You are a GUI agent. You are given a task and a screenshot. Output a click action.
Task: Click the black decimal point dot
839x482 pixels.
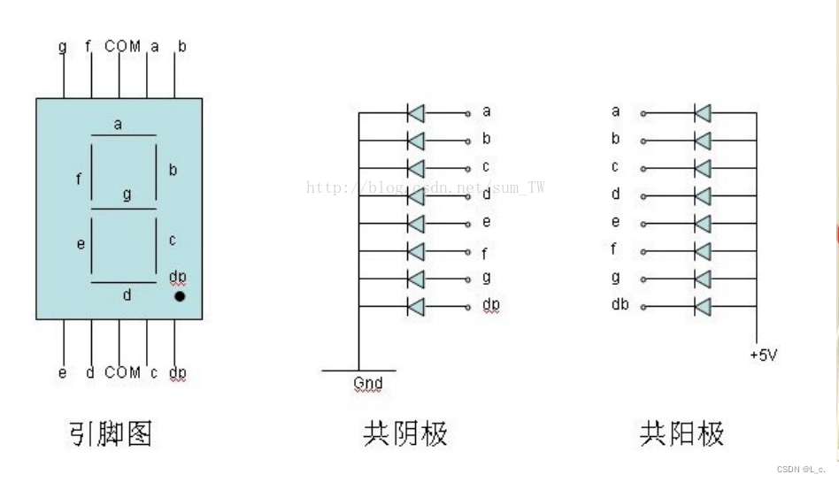[180, 297]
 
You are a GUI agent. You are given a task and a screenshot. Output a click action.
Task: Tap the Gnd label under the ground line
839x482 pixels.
[367, 384]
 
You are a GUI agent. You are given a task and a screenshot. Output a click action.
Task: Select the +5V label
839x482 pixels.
[764, 356]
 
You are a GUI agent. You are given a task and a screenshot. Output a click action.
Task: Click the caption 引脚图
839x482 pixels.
[111, 433]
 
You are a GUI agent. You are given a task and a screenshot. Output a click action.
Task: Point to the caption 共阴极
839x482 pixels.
[405, 433]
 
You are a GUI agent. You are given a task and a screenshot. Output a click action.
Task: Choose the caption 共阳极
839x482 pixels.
[681, 433]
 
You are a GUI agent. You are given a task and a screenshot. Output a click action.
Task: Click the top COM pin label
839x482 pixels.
[122, 46]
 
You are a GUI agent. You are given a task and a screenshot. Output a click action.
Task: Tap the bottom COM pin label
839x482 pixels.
[122, 372]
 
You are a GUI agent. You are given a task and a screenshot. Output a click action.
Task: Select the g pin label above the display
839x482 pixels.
[62, 46]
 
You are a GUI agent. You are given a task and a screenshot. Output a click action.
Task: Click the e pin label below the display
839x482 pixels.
[62, 372]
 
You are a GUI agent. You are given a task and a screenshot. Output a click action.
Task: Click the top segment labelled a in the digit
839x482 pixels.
[122, 135]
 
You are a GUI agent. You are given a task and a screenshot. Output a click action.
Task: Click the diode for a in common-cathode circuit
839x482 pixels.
[415, 112]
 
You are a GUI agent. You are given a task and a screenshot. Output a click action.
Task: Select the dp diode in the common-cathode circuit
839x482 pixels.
[415, 307]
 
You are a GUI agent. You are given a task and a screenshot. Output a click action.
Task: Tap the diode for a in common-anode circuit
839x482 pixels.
[703, 112]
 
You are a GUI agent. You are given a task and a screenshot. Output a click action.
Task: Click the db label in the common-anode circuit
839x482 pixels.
[620, 305]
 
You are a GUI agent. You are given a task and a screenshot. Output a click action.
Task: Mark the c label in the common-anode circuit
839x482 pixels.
[615, 166]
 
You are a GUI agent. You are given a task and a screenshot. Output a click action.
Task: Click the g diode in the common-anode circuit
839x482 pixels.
[703, 279]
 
